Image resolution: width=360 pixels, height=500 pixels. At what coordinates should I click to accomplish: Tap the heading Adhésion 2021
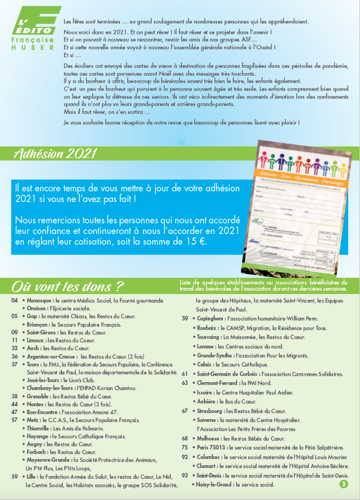[55, 154]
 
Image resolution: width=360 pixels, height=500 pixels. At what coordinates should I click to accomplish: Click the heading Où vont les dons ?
[68, 286]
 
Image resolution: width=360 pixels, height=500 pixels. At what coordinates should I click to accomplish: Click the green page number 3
[343, 483]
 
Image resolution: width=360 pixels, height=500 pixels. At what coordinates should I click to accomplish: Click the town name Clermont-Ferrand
[221, 383]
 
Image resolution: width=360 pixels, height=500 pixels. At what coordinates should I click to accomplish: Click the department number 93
[185, 475]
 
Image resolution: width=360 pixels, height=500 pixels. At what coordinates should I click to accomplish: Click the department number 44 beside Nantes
[15, 404]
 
